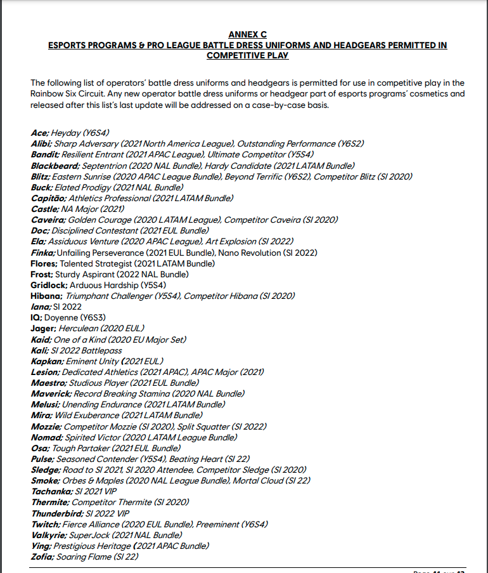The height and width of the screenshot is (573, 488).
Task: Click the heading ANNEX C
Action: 247,34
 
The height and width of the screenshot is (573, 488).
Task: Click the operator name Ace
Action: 39,133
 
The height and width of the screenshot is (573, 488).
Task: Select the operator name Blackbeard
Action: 55,166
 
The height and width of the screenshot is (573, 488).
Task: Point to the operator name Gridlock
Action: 48,285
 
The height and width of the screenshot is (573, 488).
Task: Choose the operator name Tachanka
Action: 51,491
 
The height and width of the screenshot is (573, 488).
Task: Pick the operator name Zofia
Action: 42,557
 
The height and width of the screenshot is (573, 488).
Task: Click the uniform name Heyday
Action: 67,133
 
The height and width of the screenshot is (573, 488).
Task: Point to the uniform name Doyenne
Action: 61,317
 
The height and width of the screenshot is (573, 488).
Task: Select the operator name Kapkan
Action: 46,361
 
